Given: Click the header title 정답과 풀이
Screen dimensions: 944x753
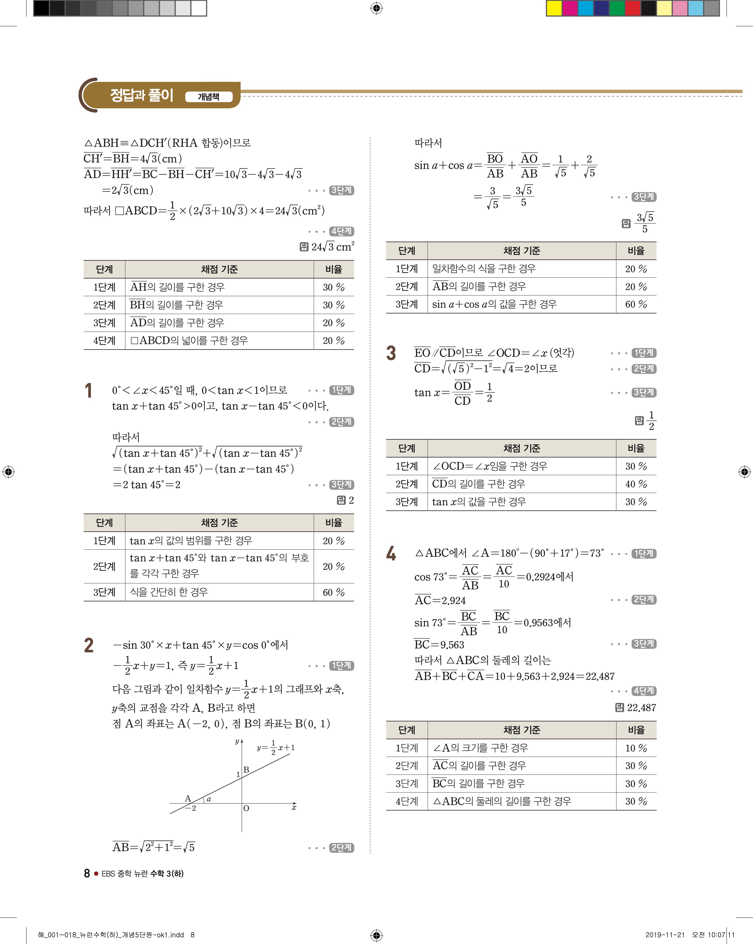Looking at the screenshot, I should [x=141, y=95].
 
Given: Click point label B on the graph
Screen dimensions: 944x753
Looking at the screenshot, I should [x=247, y=769].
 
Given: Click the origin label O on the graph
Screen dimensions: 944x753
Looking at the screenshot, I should [x=246, y=808].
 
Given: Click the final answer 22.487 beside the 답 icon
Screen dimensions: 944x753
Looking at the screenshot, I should [x=641, y=708].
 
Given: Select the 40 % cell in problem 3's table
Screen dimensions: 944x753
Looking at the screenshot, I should [x=636, y=484].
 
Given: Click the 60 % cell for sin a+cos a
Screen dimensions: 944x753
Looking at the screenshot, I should [x=636, y=304].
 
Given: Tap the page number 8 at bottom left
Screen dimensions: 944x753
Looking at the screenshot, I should [x=87, y=873].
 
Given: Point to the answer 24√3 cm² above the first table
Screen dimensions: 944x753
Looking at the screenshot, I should [x=333, y=247].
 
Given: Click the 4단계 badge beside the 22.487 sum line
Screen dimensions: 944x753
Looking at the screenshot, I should [x=644, y=691].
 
